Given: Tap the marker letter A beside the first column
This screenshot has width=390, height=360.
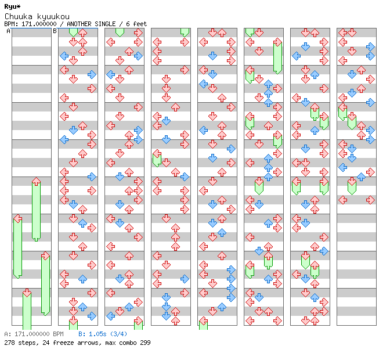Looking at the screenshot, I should pos(8,31).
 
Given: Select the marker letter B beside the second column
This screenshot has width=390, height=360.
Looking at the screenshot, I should pos(55,31).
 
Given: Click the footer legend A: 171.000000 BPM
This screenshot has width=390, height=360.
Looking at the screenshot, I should pos(34,334).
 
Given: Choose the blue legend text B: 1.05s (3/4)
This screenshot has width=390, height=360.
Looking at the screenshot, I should pos(103,334).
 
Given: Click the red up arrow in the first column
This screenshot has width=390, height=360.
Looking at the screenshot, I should pos(36,182).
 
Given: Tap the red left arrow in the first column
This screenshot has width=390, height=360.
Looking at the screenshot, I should pos(17,219).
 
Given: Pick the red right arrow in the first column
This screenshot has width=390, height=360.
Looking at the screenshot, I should pos(45,256).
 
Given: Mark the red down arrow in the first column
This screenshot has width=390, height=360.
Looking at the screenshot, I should pos(27,293).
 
